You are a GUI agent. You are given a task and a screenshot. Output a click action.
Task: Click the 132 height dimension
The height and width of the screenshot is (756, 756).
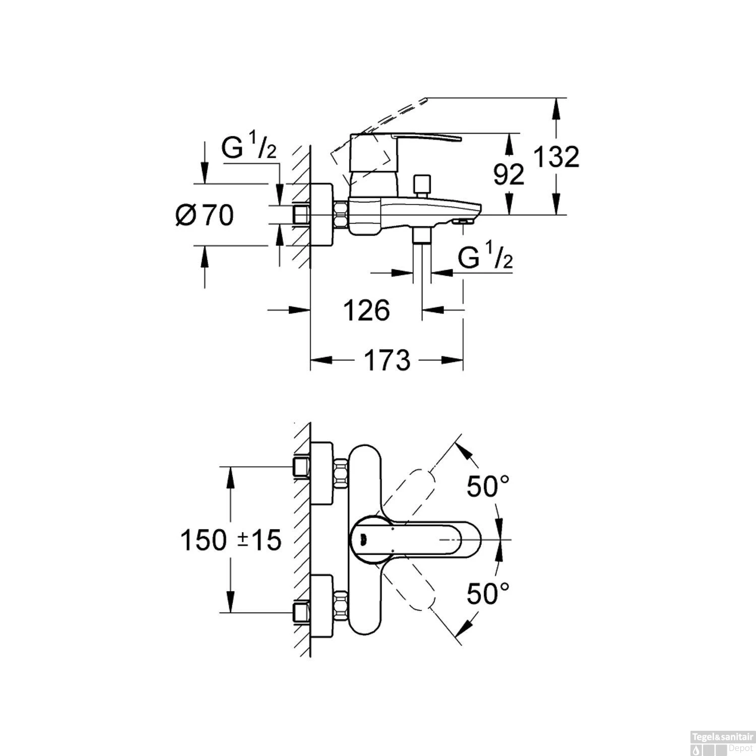(x=556, y=157)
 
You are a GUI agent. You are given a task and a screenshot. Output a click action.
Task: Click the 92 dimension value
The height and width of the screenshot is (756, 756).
(x=508, y=175)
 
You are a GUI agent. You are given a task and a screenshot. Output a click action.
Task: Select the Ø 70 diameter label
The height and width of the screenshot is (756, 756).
(x=205, y=216)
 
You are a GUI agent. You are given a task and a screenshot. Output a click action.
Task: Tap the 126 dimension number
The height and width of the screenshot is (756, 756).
(x=366, y=310)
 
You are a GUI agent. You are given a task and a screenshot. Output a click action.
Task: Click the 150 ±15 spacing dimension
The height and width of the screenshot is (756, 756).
(x=230, y=541)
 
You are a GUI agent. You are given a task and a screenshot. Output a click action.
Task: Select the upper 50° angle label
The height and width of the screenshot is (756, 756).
(x=487, y=486)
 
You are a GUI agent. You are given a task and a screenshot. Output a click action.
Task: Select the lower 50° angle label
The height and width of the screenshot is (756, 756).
(x=487, y=593)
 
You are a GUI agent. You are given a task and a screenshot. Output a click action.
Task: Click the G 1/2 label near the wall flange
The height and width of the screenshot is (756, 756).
(x=249, y=148)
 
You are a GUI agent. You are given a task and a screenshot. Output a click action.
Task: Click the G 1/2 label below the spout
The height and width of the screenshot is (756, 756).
(x=485, y=259)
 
